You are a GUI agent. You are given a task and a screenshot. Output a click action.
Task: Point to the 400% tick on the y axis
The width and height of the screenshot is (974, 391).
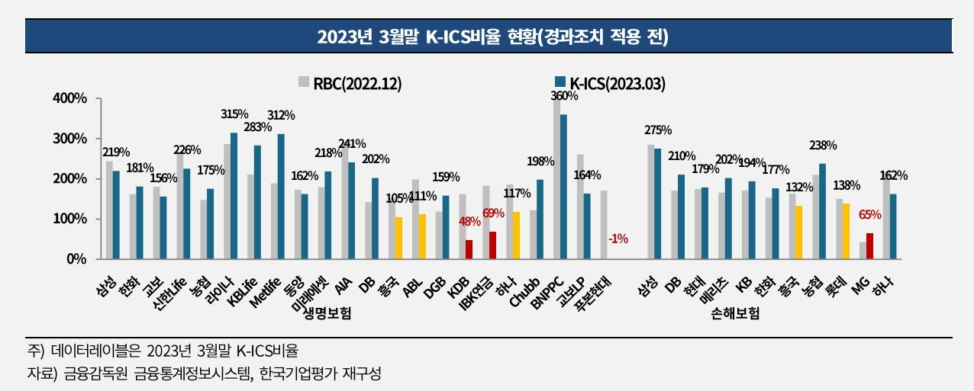pos(71,99)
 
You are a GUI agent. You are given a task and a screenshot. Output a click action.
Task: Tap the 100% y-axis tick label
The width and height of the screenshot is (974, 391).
pos(71,219)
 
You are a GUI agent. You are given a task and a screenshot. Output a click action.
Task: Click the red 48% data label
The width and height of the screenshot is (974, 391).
pos(469,223)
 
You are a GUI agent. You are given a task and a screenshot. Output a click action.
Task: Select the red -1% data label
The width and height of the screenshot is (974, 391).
pos(618,239)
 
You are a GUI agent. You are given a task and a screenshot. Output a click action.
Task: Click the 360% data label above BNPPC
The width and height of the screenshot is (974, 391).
pos(564,96)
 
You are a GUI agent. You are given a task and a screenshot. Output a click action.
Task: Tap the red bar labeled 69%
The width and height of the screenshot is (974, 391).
pos(492,245)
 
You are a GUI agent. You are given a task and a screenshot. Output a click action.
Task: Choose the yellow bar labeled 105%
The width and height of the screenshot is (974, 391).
pos(398,238)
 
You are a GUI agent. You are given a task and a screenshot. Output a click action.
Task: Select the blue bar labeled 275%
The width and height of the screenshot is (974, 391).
pos(657,204)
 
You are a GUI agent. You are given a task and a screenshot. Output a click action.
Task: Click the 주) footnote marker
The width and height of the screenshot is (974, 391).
pos(36,351)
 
